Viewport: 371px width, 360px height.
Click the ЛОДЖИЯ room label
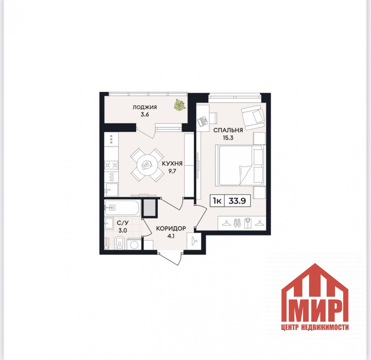[x=145, y=107]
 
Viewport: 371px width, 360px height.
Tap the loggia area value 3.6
[x=145, y=115]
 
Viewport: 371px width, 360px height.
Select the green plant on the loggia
[x=180, y=104]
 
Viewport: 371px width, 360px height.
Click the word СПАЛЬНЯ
[x=228, y=130]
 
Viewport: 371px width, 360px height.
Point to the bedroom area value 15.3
[x=228, y=138]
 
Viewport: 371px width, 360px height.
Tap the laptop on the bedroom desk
[x=202, y=121]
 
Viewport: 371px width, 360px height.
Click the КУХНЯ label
[x=172, y=163]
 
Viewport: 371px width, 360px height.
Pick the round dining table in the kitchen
[x=147, y=165]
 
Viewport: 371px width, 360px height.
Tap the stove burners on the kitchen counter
[x=111, y=165]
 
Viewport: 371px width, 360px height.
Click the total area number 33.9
[x=237, y=201]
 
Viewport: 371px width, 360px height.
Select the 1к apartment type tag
[x=217, y=201]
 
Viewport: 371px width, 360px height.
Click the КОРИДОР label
[x=171, y=229]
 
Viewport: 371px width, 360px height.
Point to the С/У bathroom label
[x=123, y=223]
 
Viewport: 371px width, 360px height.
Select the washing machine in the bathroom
[x=134, y=244]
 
